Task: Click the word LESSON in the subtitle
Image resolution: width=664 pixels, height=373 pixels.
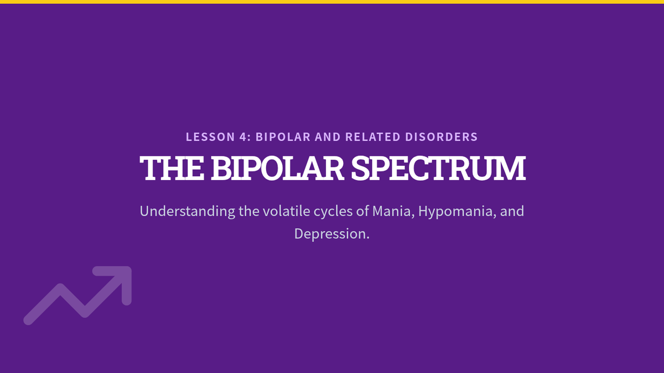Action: coord(210,137)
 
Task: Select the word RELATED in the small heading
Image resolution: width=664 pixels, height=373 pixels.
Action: coord(373,137)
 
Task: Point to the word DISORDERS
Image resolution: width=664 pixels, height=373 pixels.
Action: coord(442,137)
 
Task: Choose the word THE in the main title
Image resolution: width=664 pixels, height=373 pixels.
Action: coord(172,168)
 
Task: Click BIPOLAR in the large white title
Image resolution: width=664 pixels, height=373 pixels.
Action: coord(277,168)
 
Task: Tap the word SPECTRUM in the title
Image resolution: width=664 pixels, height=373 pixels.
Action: coord(438,168)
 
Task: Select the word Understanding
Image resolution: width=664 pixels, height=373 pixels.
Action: coord(188,212)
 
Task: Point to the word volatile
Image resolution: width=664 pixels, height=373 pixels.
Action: coord(287,211)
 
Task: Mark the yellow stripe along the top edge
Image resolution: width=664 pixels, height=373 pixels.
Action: coord(332,2)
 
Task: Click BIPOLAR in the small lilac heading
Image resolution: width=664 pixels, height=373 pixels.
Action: coord(283,137)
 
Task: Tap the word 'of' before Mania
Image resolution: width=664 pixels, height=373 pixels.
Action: coord(362,211)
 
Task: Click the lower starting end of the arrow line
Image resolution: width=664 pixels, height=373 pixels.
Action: coord(28,321)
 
